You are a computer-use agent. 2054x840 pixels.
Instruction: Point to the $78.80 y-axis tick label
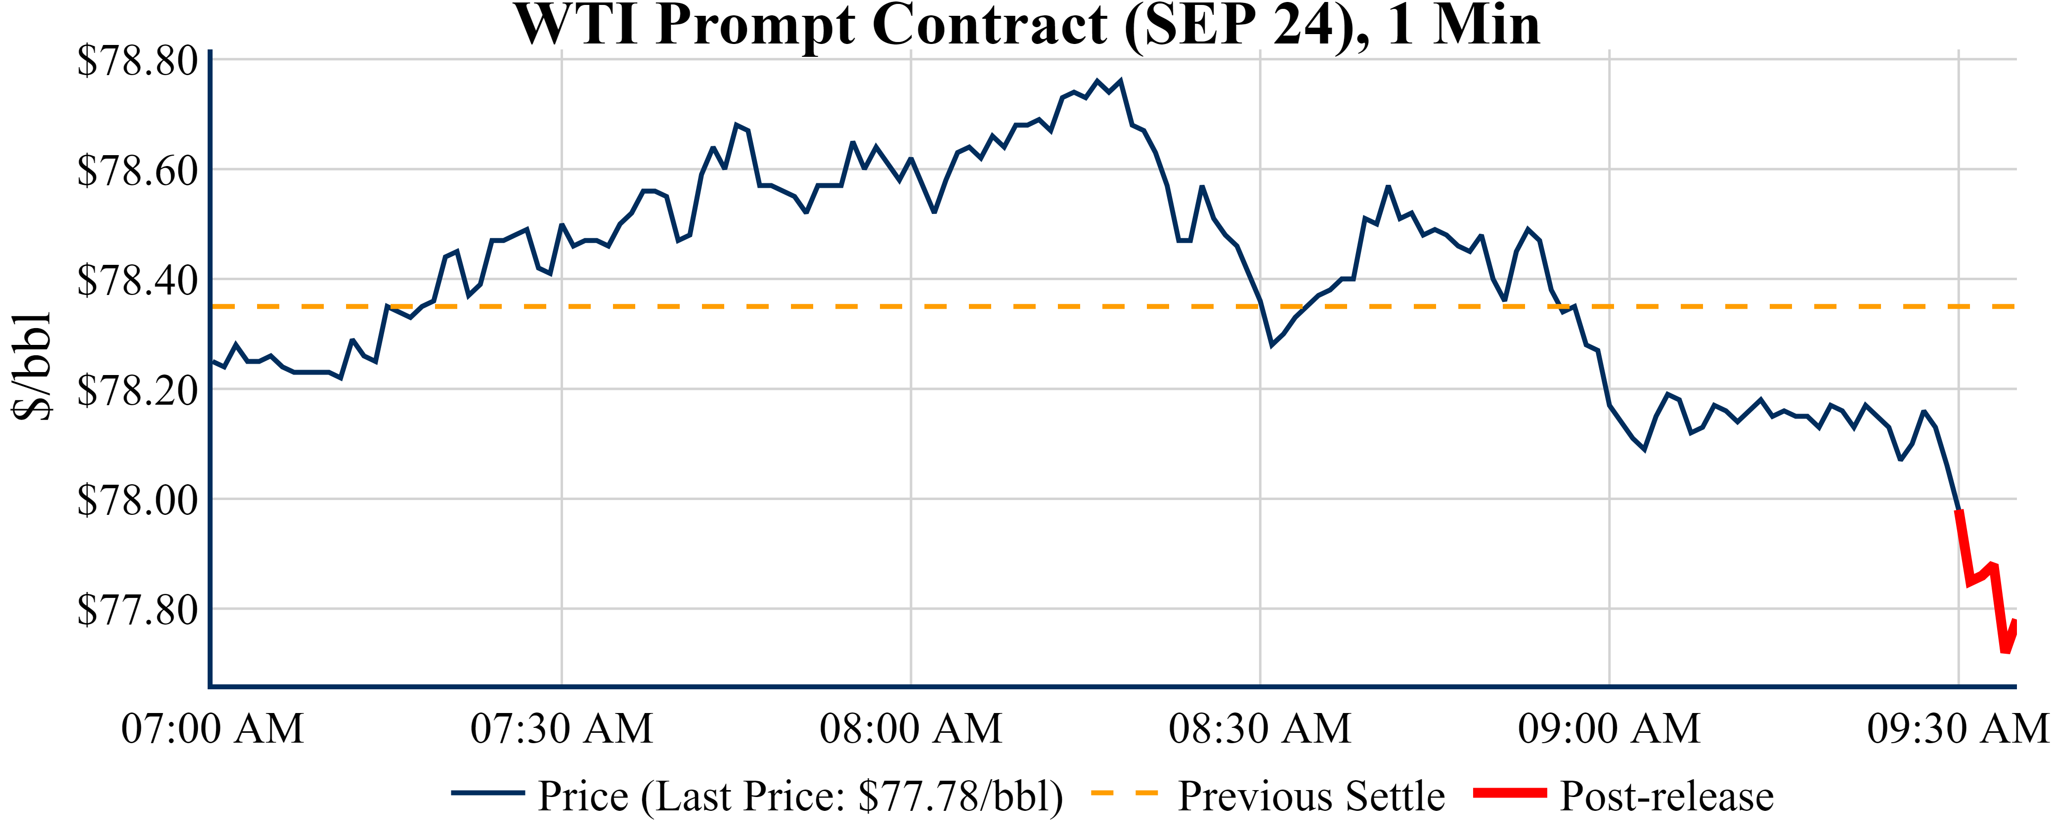coord(137,61)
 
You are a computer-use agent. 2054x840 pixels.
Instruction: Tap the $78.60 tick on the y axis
coord(137,170)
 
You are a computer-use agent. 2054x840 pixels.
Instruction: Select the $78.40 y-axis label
coord(137,281)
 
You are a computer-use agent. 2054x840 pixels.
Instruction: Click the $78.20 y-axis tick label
coord(137,390)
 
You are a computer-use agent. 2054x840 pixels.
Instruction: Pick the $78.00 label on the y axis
coord(137,501)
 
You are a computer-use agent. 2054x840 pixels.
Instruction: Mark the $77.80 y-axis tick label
coord(137,610)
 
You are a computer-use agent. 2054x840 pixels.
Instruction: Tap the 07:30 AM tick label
coord(562,728)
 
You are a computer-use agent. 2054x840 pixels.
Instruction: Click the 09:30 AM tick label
coord(1958,728)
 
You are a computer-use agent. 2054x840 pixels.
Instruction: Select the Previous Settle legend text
coord(1311,796)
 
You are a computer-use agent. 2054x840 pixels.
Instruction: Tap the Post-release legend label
coord(1666,796)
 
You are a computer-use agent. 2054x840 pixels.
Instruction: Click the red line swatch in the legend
coord(1509,793)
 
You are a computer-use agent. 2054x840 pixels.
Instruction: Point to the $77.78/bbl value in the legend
coord(953,796)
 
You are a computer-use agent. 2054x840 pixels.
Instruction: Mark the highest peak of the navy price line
coord(1097,81)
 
